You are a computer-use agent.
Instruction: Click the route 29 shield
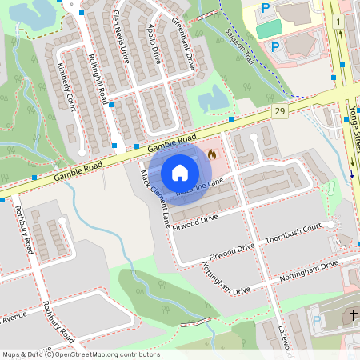[278, 110]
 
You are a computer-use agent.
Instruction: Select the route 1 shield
[339, 21]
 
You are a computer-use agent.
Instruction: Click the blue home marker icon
[180, 172]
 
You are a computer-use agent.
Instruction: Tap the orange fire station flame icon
[211, 153]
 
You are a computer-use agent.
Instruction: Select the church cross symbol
[349, 317]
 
